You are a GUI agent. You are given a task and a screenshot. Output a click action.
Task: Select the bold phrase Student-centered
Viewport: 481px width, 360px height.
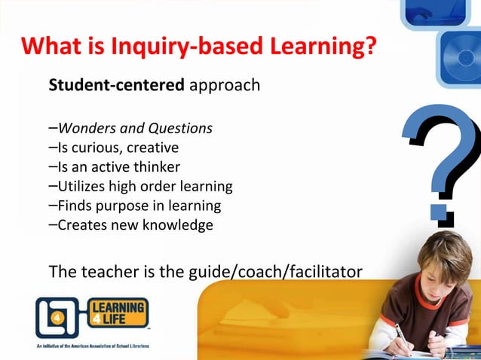[x=116, y=85]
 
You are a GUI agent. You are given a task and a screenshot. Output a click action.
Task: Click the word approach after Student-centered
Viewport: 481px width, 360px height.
[x=225, y=85]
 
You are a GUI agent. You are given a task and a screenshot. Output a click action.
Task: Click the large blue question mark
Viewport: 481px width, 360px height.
[x=442, y=162]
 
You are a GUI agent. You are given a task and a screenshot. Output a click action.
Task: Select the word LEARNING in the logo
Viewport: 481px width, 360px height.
[x=118, y=307]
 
